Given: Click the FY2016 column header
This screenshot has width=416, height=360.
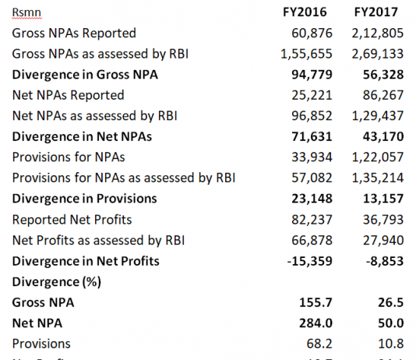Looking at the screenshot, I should tap(305, 12).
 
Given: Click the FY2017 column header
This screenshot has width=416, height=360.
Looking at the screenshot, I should tap(376, 12).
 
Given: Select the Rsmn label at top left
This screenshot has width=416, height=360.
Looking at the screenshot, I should tap(26, 12).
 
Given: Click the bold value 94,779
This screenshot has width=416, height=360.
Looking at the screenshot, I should tap(312, 75).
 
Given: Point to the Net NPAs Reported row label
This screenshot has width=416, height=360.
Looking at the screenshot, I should tap(68, 95).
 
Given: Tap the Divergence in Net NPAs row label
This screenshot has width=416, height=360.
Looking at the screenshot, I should tap(82, 136).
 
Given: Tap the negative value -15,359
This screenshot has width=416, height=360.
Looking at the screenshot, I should tap(309, 260).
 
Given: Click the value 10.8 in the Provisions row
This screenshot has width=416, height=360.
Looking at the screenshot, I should tap(394, 343).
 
